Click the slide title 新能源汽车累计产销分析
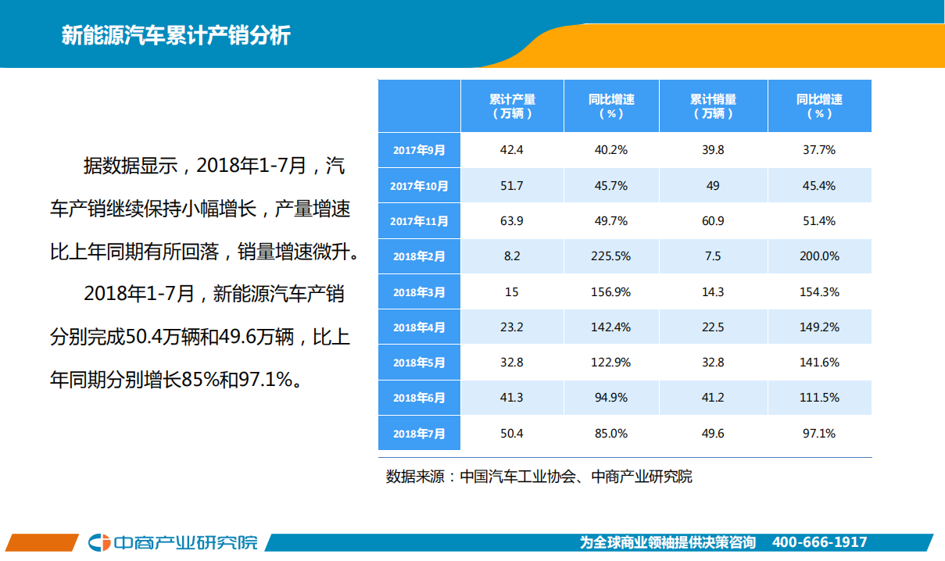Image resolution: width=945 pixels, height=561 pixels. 176,36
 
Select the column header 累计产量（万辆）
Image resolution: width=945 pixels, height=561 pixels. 512,106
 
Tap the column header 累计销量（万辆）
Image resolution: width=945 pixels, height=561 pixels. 713,106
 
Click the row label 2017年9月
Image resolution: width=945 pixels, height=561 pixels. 419,150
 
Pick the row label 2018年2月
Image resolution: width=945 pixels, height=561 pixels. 419,256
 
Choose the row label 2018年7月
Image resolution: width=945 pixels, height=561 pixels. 419,434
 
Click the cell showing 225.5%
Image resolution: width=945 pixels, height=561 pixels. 610,256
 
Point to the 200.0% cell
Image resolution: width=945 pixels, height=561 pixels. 819,256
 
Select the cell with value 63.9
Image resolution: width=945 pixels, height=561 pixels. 511,221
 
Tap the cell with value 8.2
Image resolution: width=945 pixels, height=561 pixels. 511,256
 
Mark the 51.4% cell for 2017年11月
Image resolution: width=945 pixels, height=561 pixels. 819,221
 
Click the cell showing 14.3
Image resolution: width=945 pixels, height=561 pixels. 713,292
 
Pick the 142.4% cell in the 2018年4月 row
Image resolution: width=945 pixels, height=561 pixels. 610,327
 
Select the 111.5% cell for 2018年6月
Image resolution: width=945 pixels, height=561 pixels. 819,398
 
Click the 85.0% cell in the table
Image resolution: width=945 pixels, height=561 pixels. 610,433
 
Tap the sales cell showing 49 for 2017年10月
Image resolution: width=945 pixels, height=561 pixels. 713,186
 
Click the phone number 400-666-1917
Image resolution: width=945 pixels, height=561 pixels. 819,542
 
